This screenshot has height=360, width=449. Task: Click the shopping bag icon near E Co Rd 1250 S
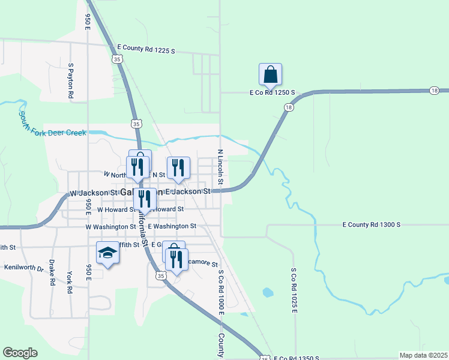[271, 74]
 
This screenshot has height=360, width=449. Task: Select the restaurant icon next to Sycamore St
[176, 259]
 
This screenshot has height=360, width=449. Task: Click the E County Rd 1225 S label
[146, 49]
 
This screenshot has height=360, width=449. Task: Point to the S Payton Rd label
[71, 80]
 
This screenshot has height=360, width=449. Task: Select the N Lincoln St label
[221, 167]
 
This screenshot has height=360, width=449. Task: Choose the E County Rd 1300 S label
[371, 224]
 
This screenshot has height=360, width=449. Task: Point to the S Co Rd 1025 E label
[294, 290]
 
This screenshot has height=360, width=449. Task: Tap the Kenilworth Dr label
[24, 267]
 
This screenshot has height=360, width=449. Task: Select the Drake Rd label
[53, 272]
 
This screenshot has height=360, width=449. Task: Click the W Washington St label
[111, 227]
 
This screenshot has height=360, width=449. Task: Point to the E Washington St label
[172, 226]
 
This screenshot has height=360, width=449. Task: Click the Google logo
[20, 353]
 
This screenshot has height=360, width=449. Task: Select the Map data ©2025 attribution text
[423, 355]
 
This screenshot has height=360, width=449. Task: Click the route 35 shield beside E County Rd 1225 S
[118, 59]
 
